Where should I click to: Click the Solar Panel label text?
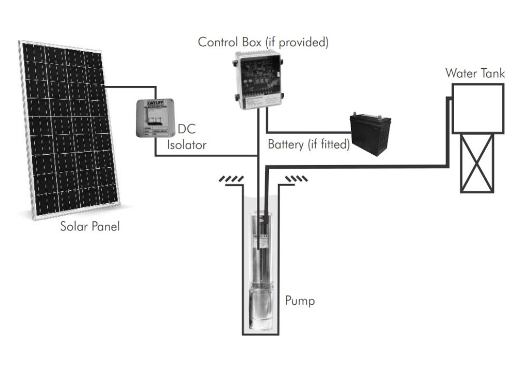90,227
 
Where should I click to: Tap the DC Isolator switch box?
155,118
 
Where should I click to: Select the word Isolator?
187,145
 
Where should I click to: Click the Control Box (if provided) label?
263,42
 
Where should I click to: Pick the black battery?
370,133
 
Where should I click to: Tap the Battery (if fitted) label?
308,144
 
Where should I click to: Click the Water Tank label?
475,73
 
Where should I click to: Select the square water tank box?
477,108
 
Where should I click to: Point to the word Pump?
300,301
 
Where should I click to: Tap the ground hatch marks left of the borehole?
231,179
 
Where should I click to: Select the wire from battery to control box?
307,132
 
